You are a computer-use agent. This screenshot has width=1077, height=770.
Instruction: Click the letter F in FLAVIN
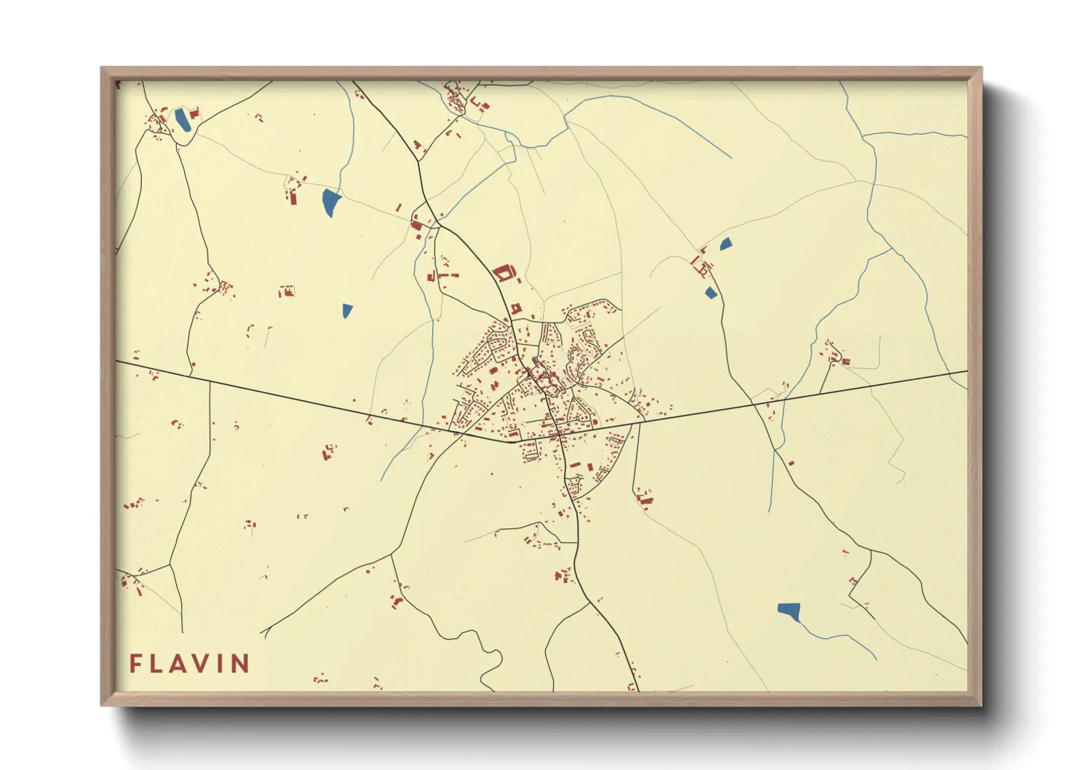(135, 664)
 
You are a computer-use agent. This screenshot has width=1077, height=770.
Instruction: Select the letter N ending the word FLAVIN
(241, 664)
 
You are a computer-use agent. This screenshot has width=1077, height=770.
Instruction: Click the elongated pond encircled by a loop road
(181, 120)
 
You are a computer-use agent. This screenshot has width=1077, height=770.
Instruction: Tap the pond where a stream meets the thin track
(330, 202)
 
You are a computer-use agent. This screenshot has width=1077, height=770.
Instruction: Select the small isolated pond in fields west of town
(347, 311)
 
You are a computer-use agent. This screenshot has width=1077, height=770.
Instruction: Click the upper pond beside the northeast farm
(726, 245)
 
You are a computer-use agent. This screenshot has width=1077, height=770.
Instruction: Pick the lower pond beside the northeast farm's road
(711, 293)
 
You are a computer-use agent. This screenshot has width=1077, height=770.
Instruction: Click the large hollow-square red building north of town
(504, 274)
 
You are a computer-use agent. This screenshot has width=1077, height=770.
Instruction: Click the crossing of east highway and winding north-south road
(752, 403)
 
